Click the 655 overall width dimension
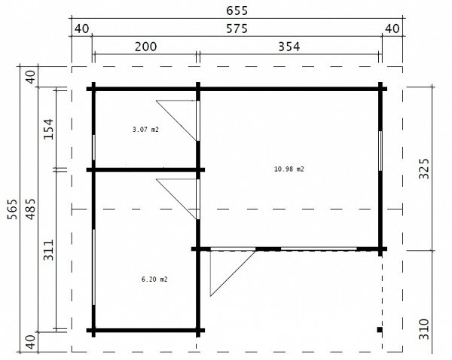[x=237, y=11]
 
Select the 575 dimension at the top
[x=237, y=29]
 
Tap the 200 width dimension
[x=146, y=47]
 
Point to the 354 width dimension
[x=289, y=47]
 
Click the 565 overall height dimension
[x=13, y=209]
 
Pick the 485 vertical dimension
[x=31, y=209]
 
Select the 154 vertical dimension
[x=48, y=129]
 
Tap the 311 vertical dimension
[x=48, y=250]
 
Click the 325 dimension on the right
[x=423, y=169]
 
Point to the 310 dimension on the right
[x=423, y=329]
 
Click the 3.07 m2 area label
[x=145, y=130]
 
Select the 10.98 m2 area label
[x=289, y=169]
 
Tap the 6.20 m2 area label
[x=154, y=279]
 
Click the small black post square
[x=380, y=329]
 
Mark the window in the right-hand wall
[x=380, y=151]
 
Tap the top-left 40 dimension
[x=82, y=29]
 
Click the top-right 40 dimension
[x=392, y=29]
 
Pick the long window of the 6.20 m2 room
[x=94, y=267]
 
